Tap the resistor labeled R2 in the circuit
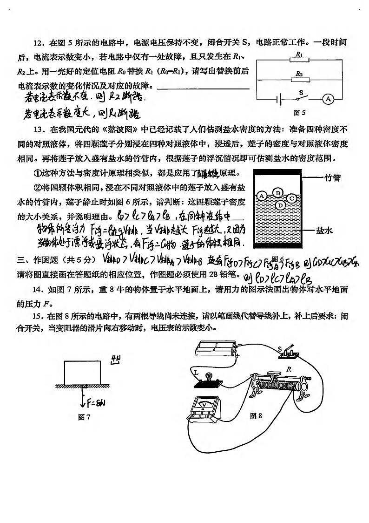coord(299,80)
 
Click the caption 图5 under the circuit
coord(299,113)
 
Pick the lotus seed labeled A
coord(262,196)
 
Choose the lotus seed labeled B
coord(278,192)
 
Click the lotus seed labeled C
coord(292,198)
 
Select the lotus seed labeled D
coord(280,205)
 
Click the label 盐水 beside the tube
coord(323,230)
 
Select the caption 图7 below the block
coord(84,417)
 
